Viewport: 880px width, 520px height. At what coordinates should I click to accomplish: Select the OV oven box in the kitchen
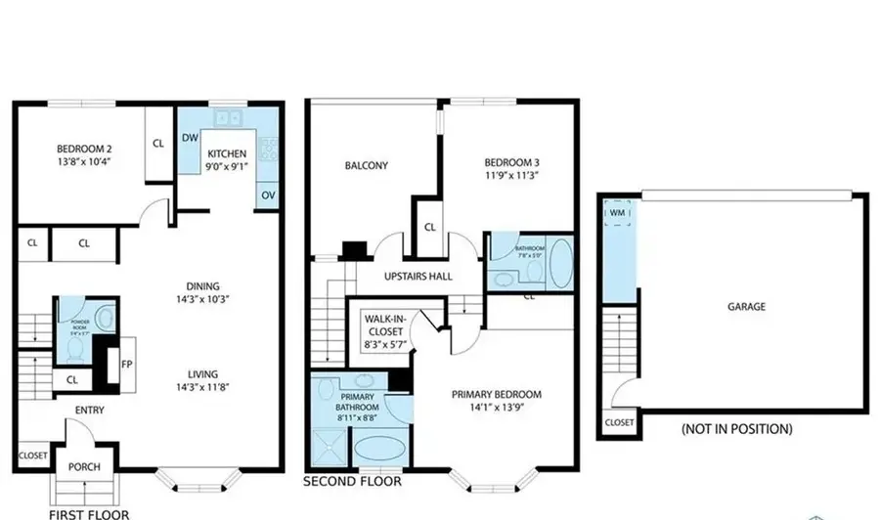pos(268,195)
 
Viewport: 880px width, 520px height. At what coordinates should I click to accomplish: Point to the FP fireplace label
pos(126,364)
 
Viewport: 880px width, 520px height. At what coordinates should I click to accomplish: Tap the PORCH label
pos(84,466)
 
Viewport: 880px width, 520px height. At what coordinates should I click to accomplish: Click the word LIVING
pos(203,373)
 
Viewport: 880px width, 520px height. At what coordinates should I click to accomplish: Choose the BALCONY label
pos(366,165)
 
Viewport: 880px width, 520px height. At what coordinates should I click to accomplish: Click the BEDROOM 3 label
pos(511,162)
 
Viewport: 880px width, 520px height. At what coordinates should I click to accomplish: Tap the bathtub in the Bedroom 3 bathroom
pos(562,263)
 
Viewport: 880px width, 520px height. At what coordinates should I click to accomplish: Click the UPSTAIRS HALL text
pos(418,277)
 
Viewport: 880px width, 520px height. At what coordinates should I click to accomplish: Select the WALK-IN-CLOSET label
pos(384,324)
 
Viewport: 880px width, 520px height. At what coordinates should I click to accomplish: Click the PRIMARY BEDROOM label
pos(496,395)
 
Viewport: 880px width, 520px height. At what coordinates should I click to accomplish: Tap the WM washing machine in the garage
pos(617,212)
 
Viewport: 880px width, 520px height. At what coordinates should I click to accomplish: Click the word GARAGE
pos(746,306)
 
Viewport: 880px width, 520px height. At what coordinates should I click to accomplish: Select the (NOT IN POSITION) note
pos(736,429)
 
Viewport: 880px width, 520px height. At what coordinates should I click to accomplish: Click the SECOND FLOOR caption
pos(351,481)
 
